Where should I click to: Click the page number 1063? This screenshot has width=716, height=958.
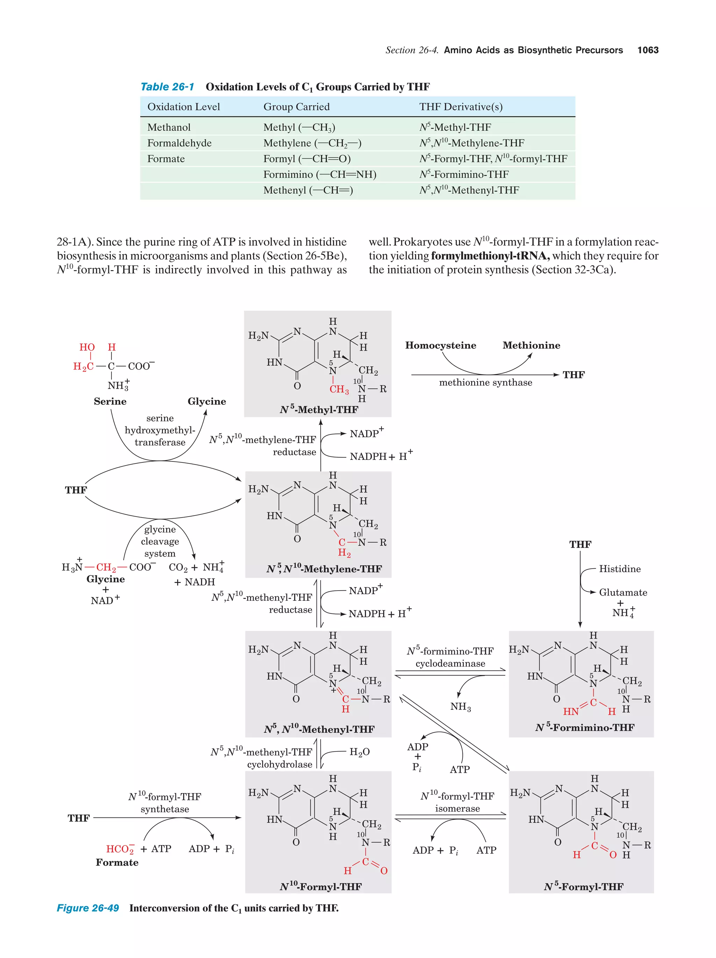[x=647, y=50]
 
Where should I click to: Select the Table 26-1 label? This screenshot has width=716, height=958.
[x=167, y=87]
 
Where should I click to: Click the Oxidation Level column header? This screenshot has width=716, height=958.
[x=183, y=107]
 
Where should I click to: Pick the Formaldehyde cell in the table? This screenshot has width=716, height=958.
[x=179, y=143]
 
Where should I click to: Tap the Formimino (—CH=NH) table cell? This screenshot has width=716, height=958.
[x=320, y=174]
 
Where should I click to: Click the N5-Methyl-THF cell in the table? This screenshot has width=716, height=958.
[x=455, y=127]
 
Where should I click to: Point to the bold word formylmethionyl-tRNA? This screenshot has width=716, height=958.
[x=490, y=256]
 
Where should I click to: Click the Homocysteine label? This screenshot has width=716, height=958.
[x=440, y=345]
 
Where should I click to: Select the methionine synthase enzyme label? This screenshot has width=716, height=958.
[x=485, y=382]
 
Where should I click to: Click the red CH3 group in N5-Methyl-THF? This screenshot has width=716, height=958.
[x=339, y=389]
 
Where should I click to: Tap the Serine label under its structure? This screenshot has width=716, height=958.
[x=110, y=402]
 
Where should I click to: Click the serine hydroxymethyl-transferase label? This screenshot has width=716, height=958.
[x=160, y=430]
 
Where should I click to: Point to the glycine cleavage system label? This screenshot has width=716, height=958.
[x=160, y=541]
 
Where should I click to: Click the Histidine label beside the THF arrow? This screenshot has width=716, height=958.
[x=620, y=569]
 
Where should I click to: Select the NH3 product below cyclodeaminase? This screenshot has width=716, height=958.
[x=460, y=707]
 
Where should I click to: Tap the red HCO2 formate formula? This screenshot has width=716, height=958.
[x=120, y=849]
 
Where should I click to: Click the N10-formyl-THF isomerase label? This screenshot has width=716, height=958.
[x=457, y=802]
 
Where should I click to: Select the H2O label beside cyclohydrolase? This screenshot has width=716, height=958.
[x=359, y=752]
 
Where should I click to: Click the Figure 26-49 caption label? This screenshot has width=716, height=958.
[x=88, y=908]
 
